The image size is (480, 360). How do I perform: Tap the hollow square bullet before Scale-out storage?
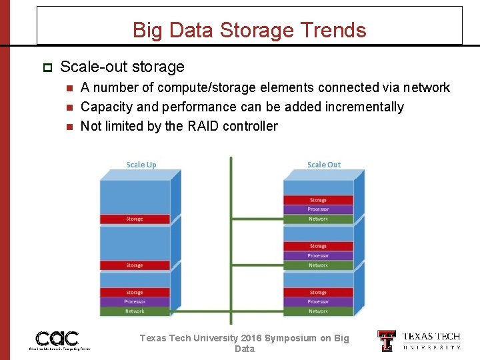47,67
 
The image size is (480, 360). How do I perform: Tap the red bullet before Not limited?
69,126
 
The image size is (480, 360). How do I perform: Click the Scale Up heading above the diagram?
141,165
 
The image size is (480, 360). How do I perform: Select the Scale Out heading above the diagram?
323,165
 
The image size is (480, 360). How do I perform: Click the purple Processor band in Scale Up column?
135,301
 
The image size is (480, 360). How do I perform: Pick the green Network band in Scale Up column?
135,311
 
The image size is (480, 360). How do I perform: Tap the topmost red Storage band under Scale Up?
135,219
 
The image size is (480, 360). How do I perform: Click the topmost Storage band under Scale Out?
318,200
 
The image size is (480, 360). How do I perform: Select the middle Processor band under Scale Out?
318,255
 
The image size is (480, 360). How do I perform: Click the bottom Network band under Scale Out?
318,311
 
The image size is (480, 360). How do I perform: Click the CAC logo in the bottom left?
57,339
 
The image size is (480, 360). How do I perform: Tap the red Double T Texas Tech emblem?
387,340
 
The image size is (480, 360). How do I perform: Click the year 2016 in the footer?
247,338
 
